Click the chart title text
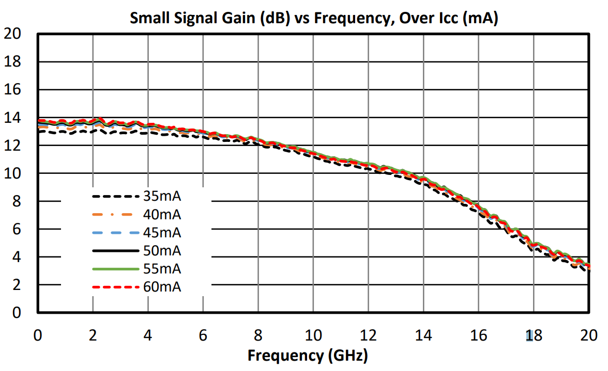tap(313, 19)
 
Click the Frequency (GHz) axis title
tap(308, 356)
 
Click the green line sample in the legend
tap(116, 269)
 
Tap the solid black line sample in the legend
tap(116, 251)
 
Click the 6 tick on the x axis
tap(203, 336)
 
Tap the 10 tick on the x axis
tap(313, 336)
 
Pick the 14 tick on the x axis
tap(423, 336)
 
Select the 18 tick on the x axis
tap(534, 336)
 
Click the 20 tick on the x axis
tap(588, 336)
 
